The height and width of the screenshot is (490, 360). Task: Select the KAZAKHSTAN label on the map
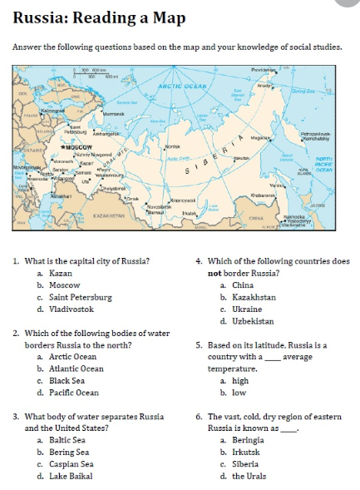(x=109, y=215)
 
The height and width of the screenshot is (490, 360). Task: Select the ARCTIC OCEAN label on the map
(x=185, y=85)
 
